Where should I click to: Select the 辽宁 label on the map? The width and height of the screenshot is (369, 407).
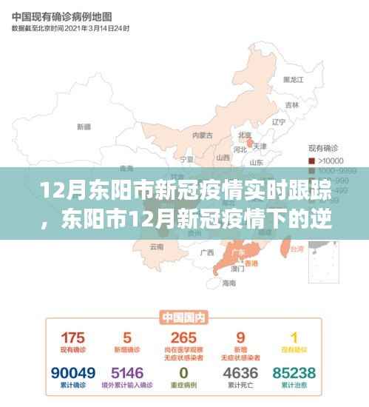[278, 121]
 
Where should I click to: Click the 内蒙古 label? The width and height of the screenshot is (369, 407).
[202, 135]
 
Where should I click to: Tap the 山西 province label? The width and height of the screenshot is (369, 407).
[223, 158]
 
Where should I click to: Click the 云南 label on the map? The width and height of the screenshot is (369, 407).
[156, 246]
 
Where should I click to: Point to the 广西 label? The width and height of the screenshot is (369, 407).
[206, 253]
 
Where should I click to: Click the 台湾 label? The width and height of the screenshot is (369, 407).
[296, 250]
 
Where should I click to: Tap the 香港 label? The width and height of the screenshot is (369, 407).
[252, 264]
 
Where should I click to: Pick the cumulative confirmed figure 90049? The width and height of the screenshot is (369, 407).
[72, 371]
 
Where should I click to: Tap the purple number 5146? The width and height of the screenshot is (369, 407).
[127, 371]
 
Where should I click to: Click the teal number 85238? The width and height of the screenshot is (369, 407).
[294, 371]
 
